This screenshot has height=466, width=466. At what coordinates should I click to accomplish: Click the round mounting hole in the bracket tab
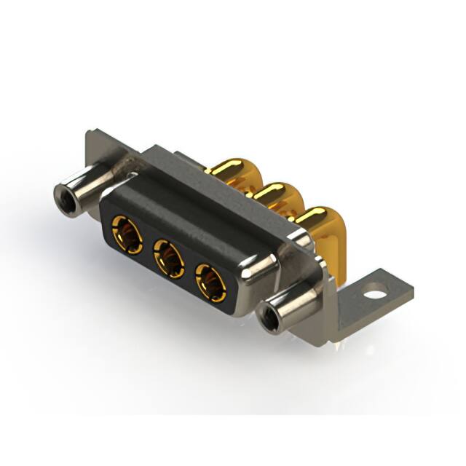click(376, 296)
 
